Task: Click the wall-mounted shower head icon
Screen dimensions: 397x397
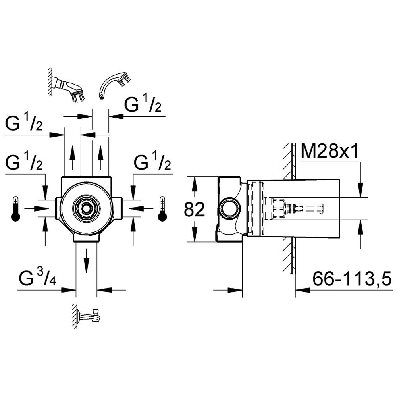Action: point(67,86)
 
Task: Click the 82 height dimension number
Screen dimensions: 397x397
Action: point(194,210)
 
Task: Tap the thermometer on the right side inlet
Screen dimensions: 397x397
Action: point(162,209)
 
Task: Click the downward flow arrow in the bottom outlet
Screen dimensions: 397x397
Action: point(87,261)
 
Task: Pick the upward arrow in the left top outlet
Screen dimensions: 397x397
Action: point(73,158)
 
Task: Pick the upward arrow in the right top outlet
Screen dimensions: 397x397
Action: point(101,158)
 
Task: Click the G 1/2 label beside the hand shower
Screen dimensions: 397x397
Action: point(143,104)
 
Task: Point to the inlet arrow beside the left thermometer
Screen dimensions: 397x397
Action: point(36,209)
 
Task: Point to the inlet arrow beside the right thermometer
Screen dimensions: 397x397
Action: point(141,209)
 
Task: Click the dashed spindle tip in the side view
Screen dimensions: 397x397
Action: point(322,209)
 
